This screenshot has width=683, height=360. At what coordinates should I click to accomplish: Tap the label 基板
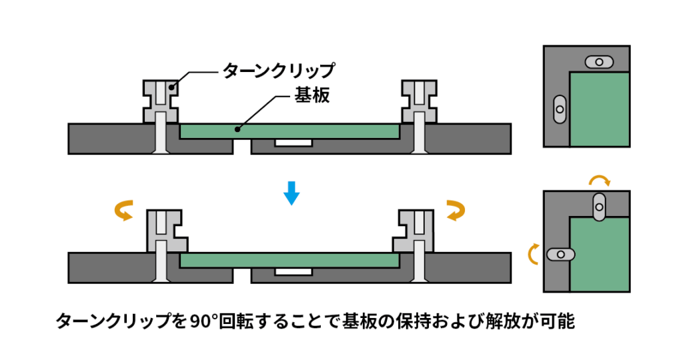(x=312, y=95)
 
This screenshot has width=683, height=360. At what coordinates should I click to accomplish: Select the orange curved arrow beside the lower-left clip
(x=123, y=210)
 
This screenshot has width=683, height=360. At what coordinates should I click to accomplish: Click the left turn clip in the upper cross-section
(x=160, y=101)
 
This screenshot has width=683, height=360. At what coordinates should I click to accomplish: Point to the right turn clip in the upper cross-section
(x=419, y=101)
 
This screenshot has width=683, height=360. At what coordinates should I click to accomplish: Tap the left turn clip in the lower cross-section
(x=163, y=229)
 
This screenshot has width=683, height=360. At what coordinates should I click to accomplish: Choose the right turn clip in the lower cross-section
(x=416, y=229)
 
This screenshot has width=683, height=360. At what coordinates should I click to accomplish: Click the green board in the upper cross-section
(x=289, y=131)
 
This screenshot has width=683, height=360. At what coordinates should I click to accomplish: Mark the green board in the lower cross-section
(x=289, y=261)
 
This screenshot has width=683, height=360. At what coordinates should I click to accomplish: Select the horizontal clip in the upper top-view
(x=600, y=62)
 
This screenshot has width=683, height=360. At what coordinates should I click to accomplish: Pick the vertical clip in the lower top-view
(x=600, y=207)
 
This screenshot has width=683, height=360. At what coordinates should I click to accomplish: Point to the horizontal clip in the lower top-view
(x=561, y=254)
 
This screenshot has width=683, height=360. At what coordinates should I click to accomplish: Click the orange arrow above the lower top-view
(x=598, y=180)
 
